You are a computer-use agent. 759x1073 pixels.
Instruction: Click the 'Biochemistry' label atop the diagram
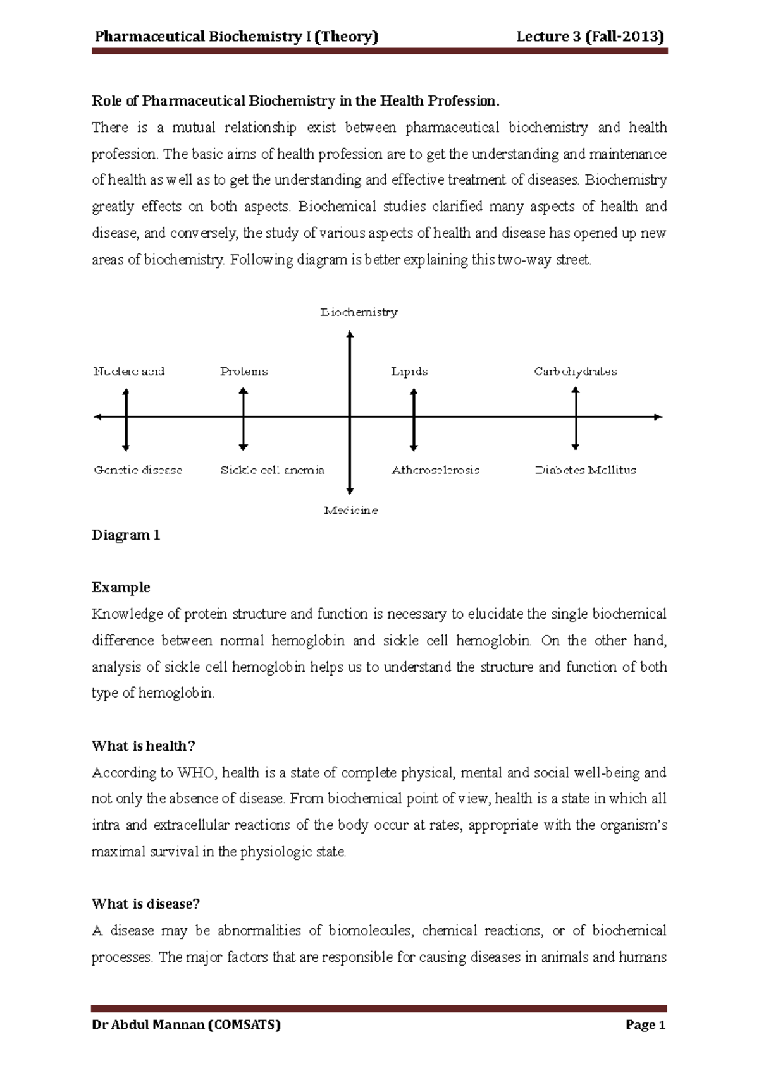coord(359,312)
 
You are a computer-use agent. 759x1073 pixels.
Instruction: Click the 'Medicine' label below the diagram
coord(350,511)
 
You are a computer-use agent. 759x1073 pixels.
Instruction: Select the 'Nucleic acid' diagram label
coord(129,372)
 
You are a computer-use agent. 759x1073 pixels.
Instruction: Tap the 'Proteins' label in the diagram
coord(244,372)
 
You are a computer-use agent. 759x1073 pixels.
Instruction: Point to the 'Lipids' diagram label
coord(409,372)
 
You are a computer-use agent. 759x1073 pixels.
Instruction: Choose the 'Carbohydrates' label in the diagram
coord(575,372)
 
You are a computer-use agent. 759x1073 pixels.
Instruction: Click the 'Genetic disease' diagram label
coord(138,470)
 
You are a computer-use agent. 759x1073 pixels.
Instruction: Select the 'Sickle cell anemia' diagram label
coord(273,470)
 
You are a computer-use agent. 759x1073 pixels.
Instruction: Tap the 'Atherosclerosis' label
coord(435,470)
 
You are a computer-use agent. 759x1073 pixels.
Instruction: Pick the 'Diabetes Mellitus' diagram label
coord(586,470)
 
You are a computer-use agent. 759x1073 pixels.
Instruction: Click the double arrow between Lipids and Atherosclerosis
coord(414,420)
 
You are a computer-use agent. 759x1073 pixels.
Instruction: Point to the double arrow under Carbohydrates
coord(576,419)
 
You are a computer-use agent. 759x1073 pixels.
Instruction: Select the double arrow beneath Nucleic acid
coord(126,420)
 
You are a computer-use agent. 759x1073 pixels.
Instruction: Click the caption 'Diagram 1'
coord(126,535)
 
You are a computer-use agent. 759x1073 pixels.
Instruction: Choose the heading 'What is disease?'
coord(145,904)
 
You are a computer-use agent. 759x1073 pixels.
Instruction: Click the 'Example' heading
coord(121,588)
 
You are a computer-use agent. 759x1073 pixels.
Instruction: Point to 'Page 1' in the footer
coord(645,1025)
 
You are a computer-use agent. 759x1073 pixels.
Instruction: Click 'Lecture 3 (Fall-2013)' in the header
coord(590,37)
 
